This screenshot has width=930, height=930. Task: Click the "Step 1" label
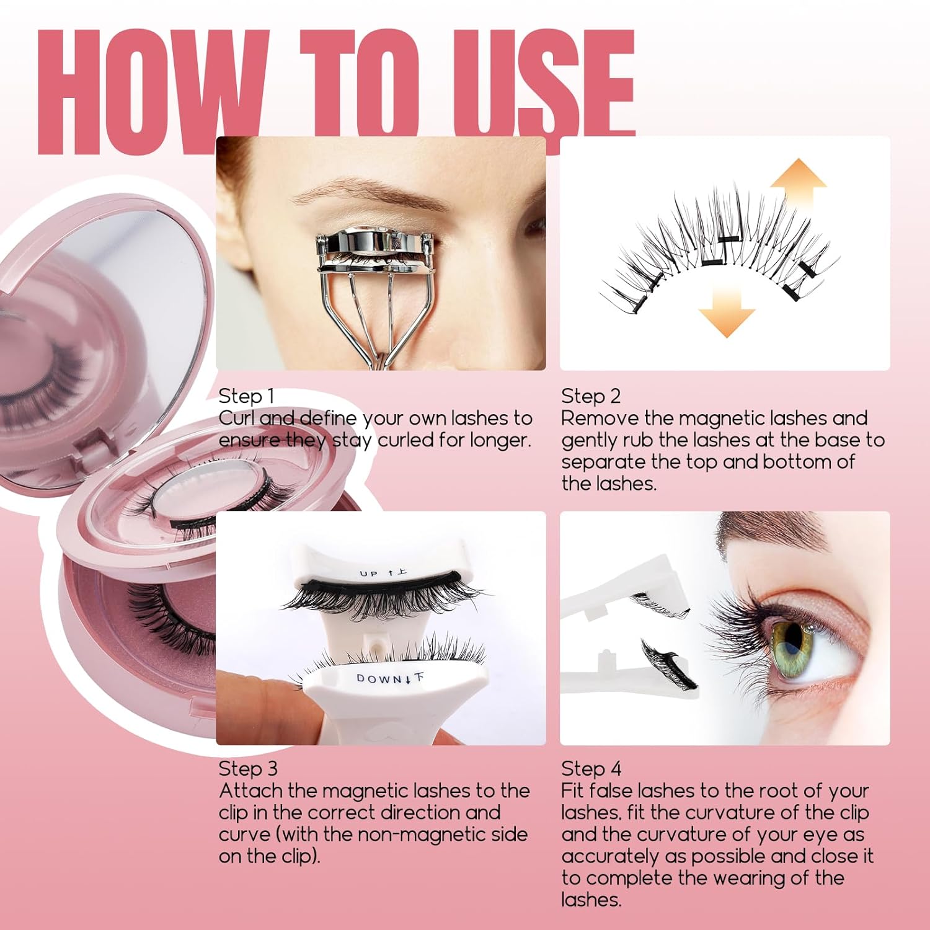[x=246, y=397]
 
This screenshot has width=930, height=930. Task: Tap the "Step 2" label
[x=590, y=397]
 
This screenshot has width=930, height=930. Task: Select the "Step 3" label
[x=248, y=769]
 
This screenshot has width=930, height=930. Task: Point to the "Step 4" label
[x=591, y=769]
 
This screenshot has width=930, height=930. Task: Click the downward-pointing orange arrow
[x=727, y=312]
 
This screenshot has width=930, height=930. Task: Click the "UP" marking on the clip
[x=368, y=573]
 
